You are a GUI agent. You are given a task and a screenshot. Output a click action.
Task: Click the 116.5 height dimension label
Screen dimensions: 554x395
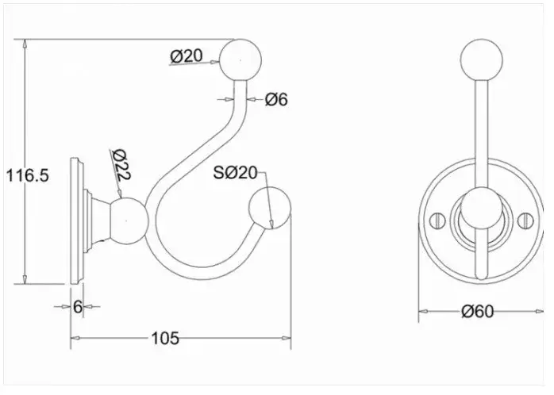pos(28,175)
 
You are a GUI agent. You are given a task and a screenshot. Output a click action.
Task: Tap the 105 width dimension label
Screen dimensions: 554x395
pos(165,338)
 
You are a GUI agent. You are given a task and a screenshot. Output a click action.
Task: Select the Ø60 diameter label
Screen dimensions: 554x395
pos(477,312)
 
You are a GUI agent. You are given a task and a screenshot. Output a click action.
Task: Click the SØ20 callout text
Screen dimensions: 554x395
pos(235,173)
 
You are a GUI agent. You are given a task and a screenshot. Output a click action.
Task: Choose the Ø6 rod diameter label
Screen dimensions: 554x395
pos(276,100)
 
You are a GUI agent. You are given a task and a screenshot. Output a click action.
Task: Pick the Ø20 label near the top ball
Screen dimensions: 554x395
pos(187,56)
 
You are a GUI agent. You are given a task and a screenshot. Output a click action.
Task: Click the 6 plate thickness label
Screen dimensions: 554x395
pos(78,306)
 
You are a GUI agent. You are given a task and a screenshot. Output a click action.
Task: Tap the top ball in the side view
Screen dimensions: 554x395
pos(240,60)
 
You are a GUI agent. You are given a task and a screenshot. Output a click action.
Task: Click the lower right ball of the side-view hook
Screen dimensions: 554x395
pos(270,209)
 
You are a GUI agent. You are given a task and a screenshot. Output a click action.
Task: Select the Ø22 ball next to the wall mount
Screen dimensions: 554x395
pos(129,221)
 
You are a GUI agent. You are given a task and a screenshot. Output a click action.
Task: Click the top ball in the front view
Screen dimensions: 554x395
pos(482,60)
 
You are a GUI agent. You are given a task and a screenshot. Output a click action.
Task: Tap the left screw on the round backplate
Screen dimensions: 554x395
pos(437,221)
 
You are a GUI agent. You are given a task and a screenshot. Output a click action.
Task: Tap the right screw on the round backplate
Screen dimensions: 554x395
pos(525,221)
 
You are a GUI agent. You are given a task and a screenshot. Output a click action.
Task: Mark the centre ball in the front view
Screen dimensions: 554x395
pos(482,209)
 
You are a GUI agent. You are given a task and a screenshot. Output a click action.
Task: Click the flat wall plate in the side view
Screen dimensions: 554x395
pos(77,221)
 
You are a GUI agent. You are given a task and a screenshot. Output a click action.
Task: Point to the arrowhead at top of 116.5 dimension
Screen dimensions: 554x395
pos(25,44)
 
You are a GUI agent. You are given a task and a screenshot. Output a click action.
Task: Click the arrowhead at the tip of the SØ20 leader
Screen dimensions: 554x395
pos(271,224)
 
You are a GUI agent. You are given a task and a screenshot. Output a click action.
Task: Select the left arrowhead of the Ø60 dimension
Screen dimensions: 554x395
pos(423,312)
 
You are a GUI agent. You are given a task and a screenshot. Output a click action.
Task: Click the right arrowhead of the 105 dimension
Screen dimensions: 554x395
pos(287,338)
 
